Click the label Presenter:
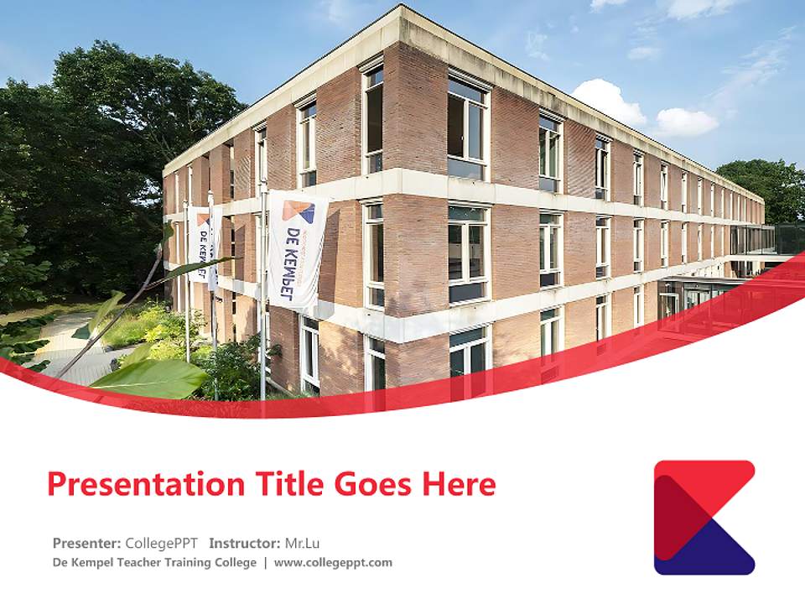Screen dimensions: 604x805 pos(86,542)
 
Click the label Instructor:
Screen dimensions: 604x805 pos(245,542)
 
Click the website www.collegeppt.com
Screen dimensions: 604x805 pos(333,562)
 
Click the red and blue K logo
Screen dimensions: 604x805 pos(704,517)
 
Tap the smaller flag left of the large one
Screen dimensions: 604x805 pos(200,243)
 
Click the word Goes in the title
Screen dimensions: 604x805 pos(371,484)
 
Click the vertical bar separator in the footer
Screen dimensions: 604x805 pos(265,562)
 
